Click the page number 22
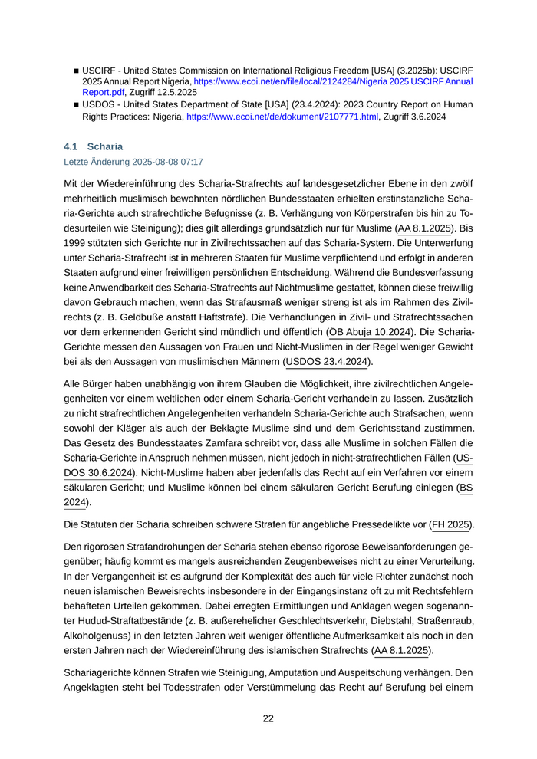tap(268, 718)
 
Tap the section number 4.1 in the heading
tap(71, 146)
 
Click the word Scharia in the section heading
tap(105, 146)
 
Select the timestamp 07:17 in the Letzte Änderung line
tap(191, 162)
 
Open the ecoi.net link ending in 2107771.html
tap(282, 117)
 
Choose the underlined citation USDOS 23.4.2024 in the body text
tap(327, 361)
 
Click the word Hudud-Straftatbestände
tap(117, 620)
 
